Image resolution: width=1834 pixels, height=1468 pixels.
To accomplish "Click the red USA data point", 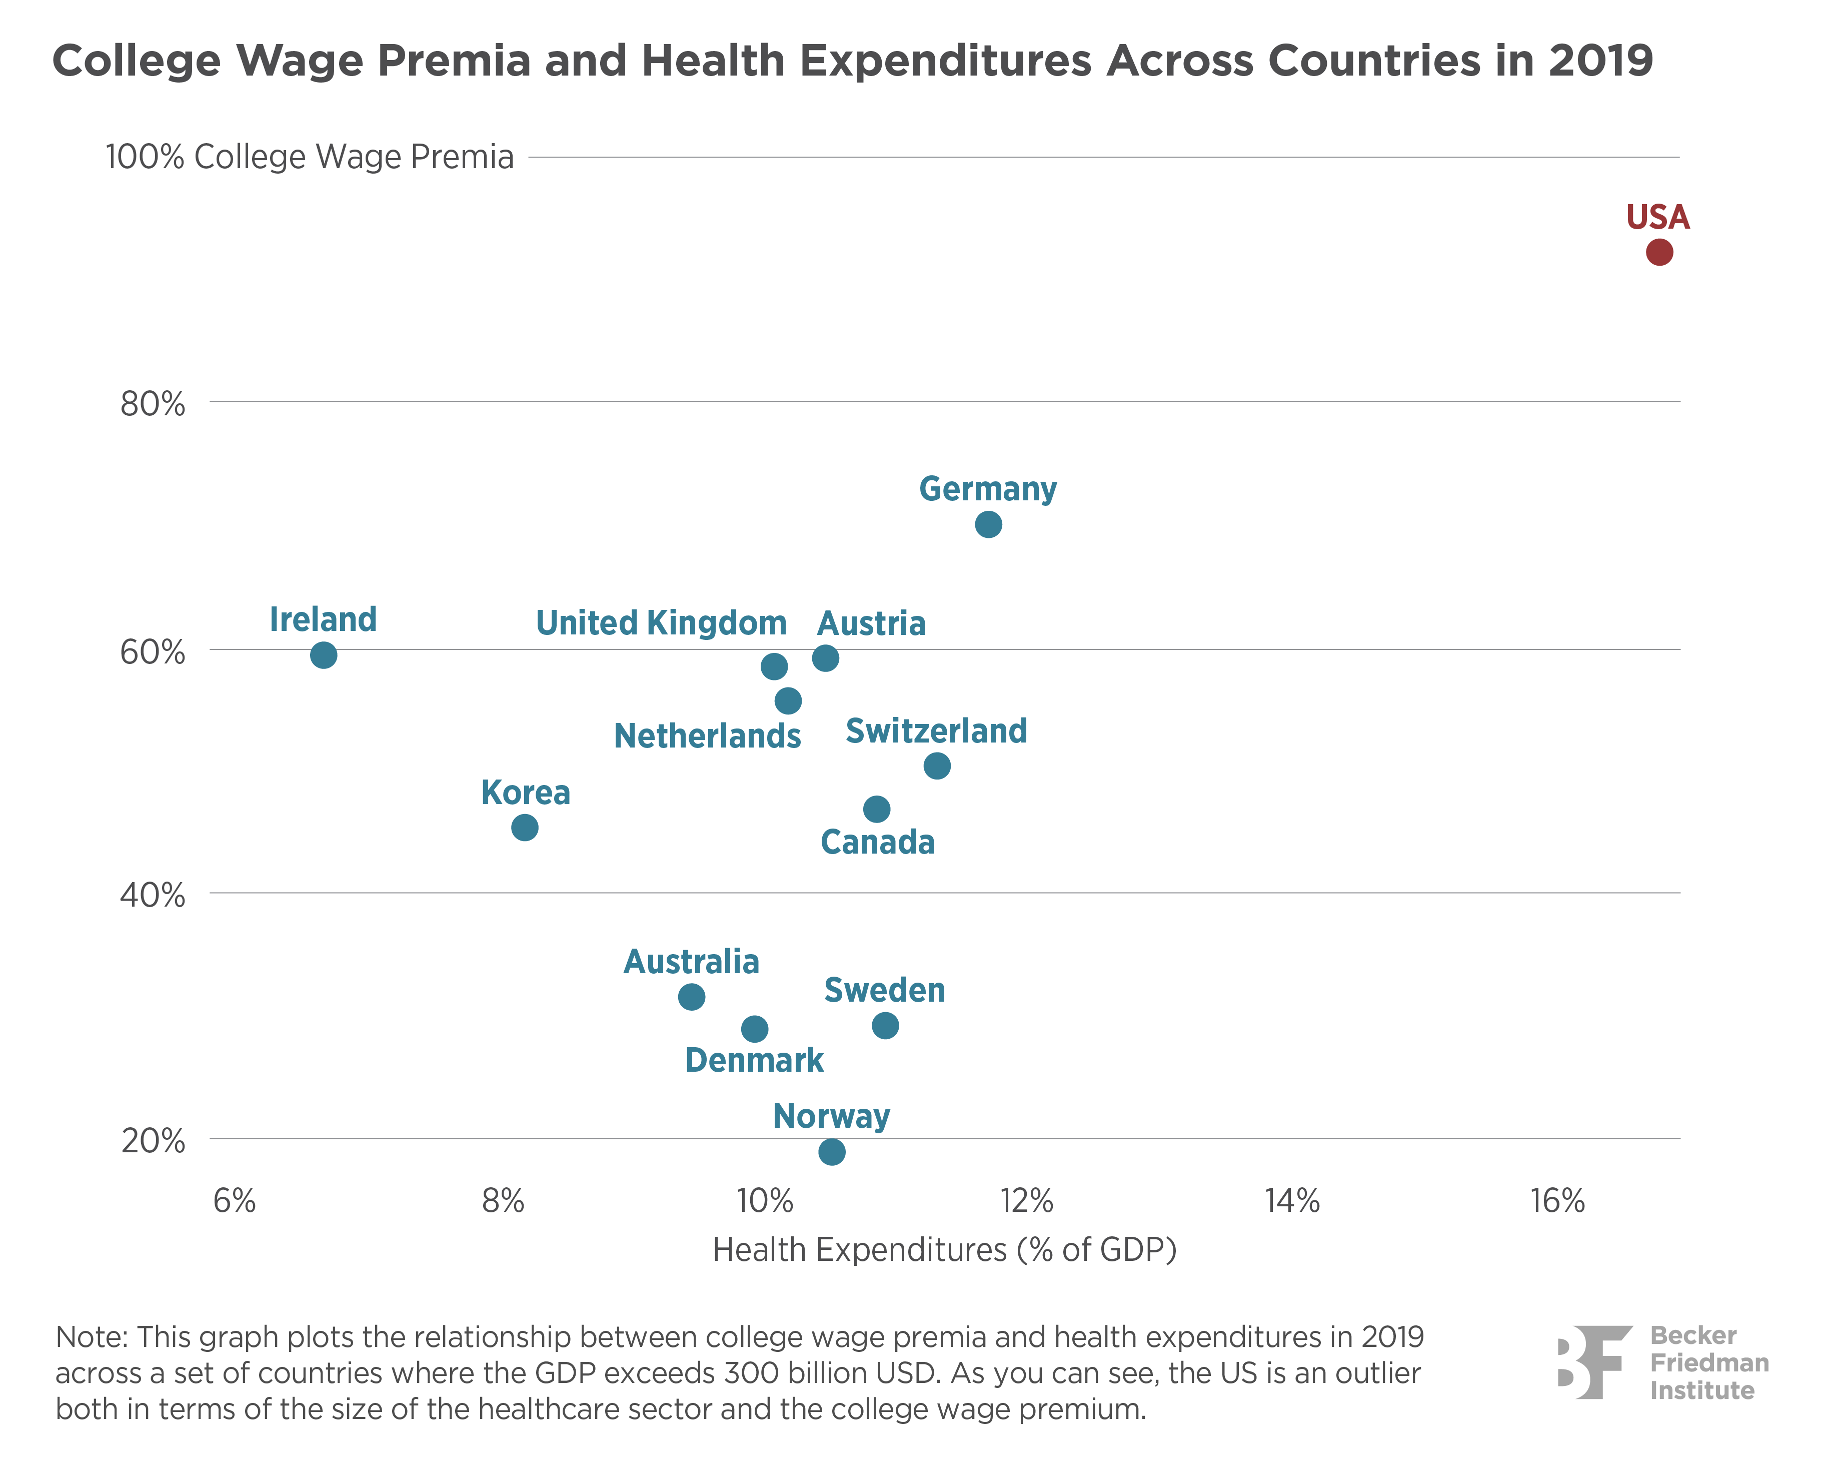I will pos(1659,253).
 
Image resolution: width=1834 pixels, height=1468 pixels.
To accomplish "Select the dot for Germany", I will pos(988,524).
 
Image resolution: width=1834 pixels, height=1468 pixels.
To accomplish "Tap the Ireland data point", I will pos(323,655).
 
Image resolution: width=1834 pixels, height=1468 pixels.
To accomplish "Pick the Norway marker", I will pos(831,1152).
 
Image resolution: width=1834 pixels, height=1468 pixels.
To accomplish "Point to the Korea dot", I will pos(525,827).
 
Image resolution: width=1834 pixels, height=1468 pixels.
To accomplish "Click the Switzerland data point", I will pos(937,766).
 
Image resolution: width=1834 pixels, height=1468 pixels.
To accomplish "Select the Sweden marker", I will pos(885,1026).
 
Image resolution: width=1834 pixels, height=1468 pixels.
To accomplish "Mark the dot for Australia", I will pos(692,997).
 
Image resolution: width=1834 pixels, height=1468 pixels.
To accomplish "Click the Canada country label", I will pos(877,843).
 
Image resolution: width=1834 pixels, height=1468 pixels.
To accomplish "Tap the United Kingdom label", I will pos(661,623).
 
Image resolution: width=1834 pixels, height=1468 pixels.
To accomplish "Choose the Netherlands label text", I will pos(707,736).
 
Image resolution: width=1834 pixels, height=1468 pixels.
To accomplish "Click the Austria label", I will pos(871,624).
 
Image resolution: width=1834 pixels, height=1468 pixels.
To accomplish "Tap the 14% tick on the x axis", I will pos(1292,1201).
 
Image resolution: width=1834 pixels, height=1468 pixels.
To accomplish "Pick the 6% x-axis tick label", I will pos(235,1201).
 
